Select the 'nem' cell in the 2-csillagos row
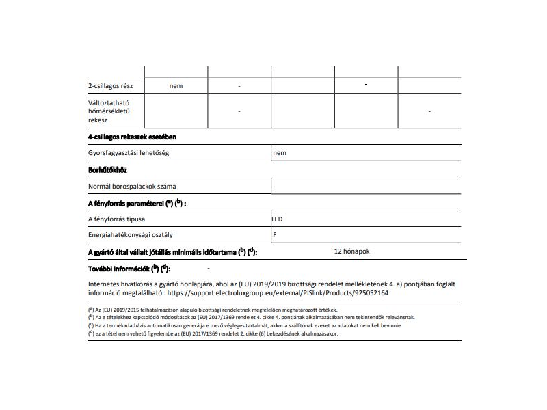pyautogui.click(x=176, y=86)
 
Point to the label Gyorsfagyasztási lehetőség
pyautogui.click(x=129, y=153)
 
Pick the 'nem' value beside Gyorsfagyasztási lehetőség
pyautogui.click(x=279, y=153)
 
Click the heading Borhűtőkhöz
pyautogui.click(x=108, y=169)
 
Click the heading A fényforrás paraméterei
pyautogui.click(x=137, y=203)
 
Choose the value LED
pyautogui.click(x=278, y=219)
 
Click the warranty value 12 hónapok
pyautogui.click(x=351, y=251)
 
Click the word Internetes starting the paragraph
pyautogui.click(x=106, y=283)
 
